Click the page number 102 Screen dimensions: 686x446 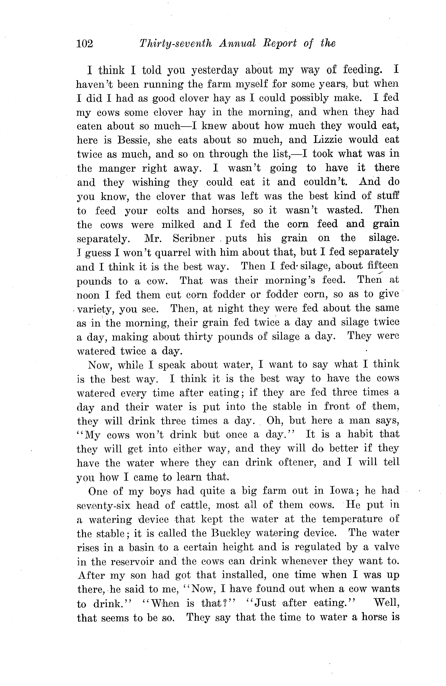tap(85, 44)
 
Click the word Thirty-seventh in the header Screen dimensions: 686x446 tap(175, 44)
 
